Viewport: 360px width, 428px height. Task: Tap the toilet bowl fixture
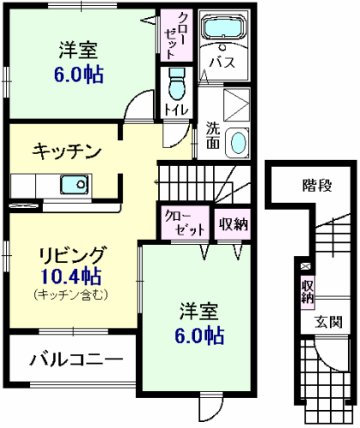tap(177, 85)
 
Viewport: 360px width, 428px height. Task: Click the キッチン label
tap(67, 152)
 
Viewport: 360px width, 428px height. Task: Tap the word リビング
tap(71, 254)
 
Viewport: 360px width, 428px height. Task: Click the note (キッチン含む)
tap(71, 294)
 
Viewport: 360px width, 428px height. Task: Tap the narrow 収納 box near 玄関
tap(305, 292)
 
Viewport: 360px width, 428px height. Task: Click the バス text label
tap(225, 62)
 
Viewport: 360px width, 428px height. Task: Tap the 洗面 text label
tap(213, 137)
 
